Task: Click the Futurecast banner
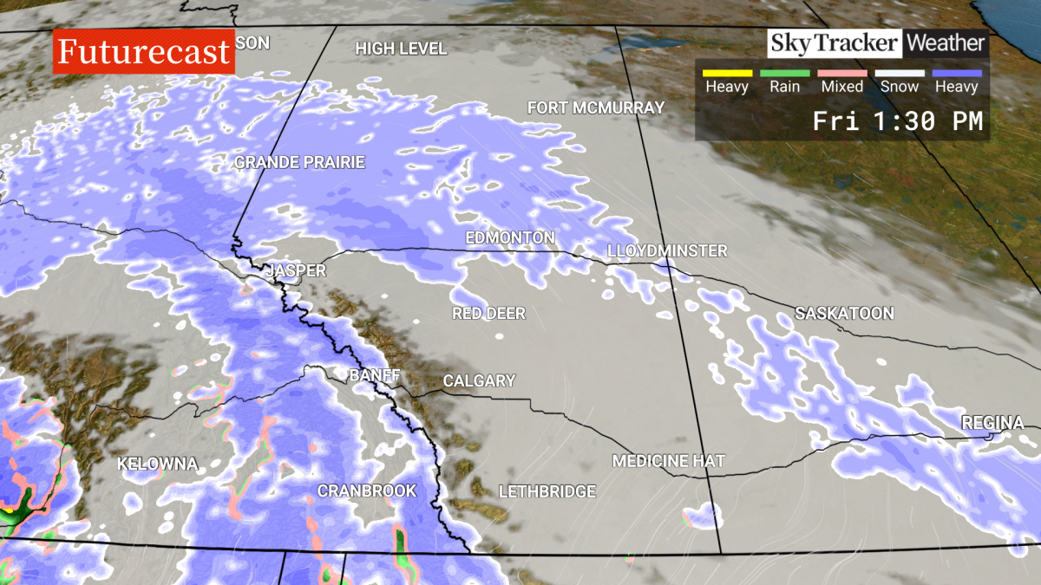[145, 52]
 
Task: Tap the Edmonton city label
[510, 237]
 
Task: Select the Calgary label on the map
[479, 381]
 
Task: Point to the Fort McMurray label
[596, 108]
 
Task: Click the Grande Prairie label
[300, 162]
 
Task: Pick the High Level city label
[401, 49]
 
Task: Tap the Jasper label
[296, 271]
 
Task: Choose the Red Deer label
[488, 314]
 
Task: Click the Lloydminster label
[667, 251]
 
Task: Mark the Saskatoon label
[844, 314]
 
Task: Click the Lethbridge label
[547, 492]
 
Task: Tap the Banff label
[375, 376]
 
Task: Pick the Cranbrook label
[367, 491]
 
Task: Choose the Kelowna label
[158, 464]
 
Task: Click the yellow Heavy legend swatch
[727, 74]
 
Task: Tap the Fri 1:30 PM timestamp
[897, 122]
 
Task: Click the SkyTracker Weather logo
[877, 43]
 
